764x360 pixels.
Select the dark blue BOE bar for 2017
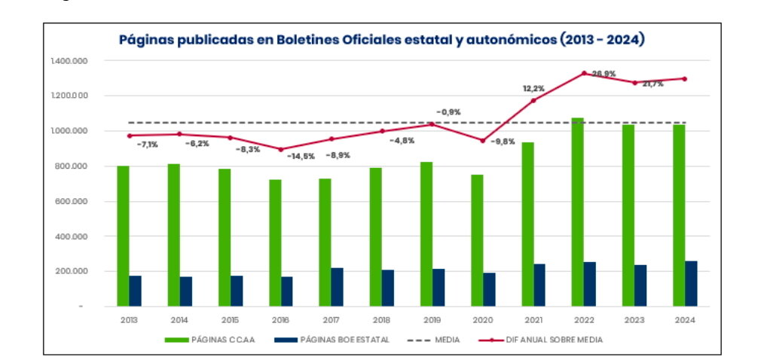click(337, 287)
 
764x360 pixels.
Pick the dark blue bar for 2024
click(691, 283)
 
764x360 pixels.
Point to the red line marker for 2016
click(280, 149)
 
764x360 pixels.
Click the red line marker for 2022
click(584, 73)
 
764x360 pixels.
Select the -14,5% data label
click(300, 156)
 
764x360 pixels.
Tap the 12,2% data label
click(534, 89)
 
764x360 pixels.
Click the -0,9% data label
click(448, 112)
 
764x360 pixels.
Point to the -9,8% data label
click(503, 142)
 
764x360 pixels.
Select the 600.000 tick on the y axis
click(69, 201)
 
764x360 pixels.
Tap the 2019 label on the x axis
click(432, 319)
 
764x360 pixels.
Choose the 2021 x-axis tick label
click(533, 319)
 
